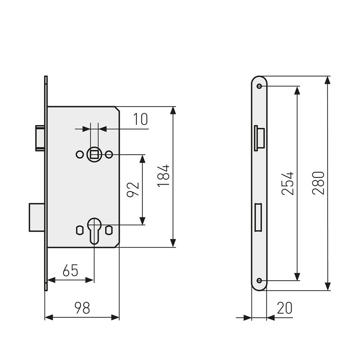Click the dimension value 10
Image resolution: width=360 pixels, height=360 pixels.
point(140,119)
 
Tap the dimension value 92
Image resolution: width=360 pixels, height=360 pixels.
point(132,189)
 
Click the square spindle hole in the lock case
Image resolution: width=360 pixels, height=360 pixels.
point(94,154)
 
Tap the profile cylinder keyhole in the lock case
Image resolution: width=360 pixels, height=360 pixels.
point(94,229)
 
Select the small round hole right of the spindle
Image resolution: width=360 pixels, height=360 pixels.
point(109,154)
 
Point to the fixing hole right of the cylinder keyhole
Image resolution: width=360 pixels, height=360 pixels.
point(108,229)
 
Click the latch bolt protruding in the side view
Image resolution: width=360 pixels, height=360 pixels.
point(38,137)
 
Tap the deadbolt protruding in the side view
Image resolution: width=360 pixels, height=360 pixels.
point(36,217)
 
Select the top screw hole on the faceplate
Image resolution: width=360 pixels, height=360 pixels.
point(259,86)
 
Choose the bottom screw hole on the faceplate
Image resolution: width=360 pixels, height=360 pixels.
point(259,280)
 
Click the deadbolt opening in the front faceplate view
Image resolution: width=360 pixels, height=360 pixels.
point(259,217)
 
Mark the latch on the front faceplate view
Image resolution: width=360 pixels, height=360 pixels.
point(260,138)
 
